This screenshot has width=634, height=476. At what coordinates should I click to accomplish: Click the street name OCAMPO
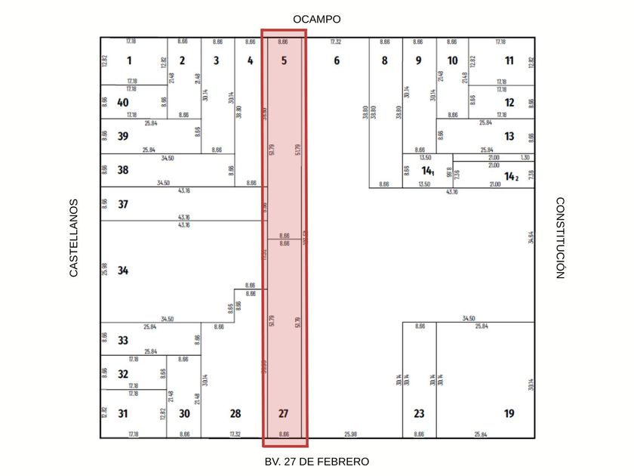coord(317,19)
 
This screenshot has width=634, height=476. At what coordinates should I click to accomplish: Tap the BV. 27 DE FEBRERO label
coord(317,461)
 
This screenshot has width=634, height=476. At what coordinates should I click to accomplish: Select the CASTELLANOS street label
coord(74,238)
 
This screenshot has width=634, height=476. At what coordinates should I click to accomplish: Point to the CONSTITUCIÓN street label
coord(560,238)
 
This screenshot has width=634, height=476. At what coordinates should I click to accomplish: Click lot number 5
coord(284,60)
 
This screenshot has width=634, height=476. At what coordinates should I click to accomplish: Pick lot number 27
coord(284,413)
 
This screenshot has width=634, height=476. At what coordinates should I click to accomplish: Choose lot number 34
coord(123,270)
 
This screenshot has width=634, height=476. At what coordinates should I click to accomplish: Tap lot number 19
coord(509,413)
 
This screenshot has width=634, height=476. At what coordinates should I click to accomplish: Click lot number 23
coord(419,413)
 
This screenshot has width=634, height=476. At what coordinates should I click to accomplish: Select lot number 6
coord(337,60)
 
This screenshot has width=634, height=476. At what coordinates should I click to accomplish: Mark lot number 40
coord(123,103)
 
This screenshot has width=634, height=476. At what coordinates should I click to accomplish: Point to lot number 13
coord(509,136)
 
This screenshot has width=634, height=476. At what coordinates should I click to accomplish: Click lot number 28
coord(235,413)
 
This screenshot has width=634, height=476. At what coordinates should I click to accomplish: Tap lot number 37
coord(123,204)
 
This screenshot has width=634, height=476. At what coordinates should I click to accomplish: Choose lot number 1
coord(129,60)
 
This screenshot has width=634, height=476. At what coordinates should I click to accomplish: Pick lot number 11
coord(509,60)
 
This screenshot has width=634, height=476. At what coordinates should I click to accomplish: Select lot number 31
coord(123,413)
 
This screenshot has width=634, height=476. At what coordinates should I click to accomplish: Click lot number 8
coord(384,60)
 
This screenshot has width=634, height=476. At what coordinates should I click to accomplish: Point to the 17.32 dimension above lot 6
coord(336,42)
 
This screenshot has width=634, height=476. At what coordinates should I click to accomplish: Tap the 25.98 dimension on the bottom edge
coord(350,434)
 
